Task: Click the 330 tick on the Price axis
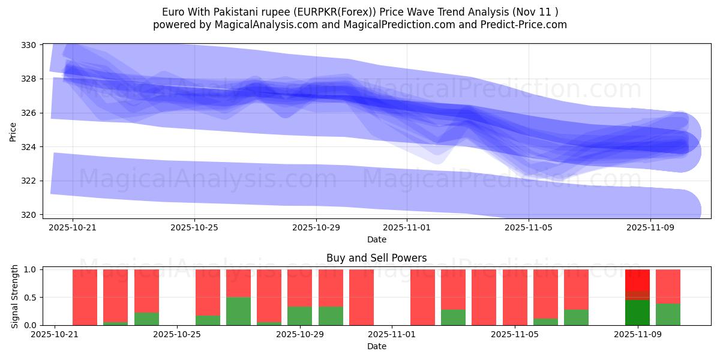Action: [x=29, y=45]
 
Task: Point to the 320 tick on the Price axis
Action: [x=29, y=215]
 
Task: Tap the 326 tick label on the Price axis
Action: [x=29, y=113]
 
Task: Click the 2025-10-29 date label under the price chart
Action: [x=316, y=228]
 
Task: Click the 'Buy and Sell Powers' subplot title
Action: [x=376, y=258]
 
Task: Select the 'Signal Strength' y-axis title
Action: [x=16, y=297]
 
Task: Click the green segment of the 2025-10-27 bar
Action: [x=238, y=311]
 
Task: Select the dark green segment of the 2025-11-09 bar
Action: [x=637, y=313]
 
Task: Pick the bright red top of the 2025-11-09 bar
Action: [x=637, y=280]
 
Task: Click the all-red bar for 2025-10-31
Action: [x=361, y=297]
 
